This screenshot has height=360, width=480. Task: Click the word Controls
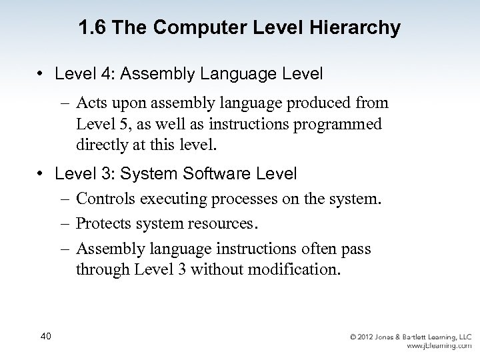pyautogui.click(x=106, y=199)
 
